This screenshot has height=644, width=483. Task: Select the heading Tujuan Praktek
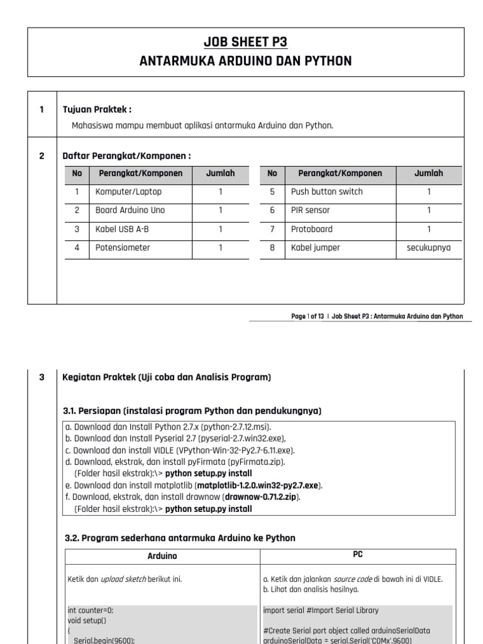point(97,109)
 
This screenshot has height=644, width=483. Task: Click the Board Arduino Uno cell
point(130,211)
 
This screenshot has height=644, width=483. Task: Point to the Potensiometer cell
point(123,248)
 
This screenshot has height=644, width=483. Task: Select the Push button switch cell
point(326,192)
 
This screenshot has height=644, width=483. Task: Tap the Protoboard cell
point(311,229)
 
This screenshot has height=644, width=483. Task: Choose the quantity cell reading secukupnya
point(428,248)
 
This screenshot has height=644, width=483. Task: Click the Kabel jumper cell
point(315,248)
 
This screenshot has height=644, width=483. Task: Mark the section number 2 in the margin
point(42,155)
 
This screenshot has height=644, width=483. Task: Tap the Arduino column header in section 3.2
point(162,556)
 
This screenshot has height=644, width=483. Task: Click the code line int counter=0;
point(90,609)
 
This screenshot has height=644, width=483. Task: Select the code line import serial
point(321,609)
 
